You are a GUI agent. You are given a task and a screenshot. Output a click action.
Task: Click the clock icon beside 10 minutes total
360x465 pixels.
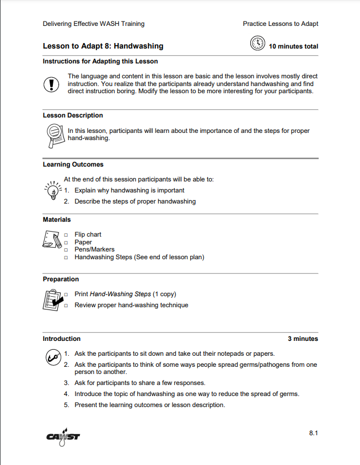click(x=257, y=44)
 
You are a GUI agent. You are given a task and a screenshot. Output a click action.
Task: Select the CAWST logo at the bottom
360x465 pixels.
click(x=63, y=436)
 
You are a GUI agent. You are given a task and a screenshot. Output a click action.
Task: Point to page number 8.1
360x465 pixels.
click(x=313, y=434)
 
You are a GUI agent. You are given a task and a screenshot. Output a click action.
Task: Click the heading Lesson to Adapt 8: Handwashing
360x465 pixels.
click(x=103, y=46)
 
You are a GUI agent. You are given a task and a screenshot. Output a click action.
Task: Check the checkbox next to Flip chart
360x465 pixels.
click(x=66, y=235)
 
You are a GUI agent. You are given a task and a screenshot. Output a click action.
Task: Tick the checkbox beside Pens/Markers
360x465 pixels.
click(x=66, y=250)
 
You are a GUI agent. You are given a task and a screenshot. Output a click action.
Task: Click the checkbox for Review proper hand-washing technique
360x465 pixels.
click(x=66, y=306)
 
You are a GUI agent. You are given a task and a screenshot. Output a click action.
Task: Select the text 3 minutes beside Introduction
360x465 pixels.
click(x=303, y=339)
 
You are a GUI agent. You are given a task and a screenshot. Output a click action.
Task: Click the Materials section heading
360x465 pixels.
click(x=57, y=220)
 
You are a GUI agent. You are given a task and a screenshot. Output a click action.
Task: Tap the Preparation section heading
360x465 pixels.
click(x=61, y=279)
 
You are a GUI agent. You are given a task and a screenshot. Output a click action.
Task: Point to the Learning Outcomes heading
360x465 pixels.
click(x=73, y=164)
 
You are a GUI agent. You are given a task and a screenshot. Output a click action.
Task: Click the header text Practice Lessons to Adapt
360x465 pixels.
click(x=280, y=24)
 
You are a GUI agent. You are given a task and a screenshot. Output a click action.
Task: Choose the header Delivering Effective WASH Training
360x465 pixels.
click(x=93, y=24)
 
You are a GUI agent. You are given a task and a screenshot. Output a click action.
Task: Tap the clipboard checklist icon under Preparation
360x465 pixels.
click(x=52, y=300)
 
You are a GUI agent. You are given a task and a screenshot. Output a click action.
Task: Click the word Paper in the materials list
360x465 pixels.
click(x=83, y=242)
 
